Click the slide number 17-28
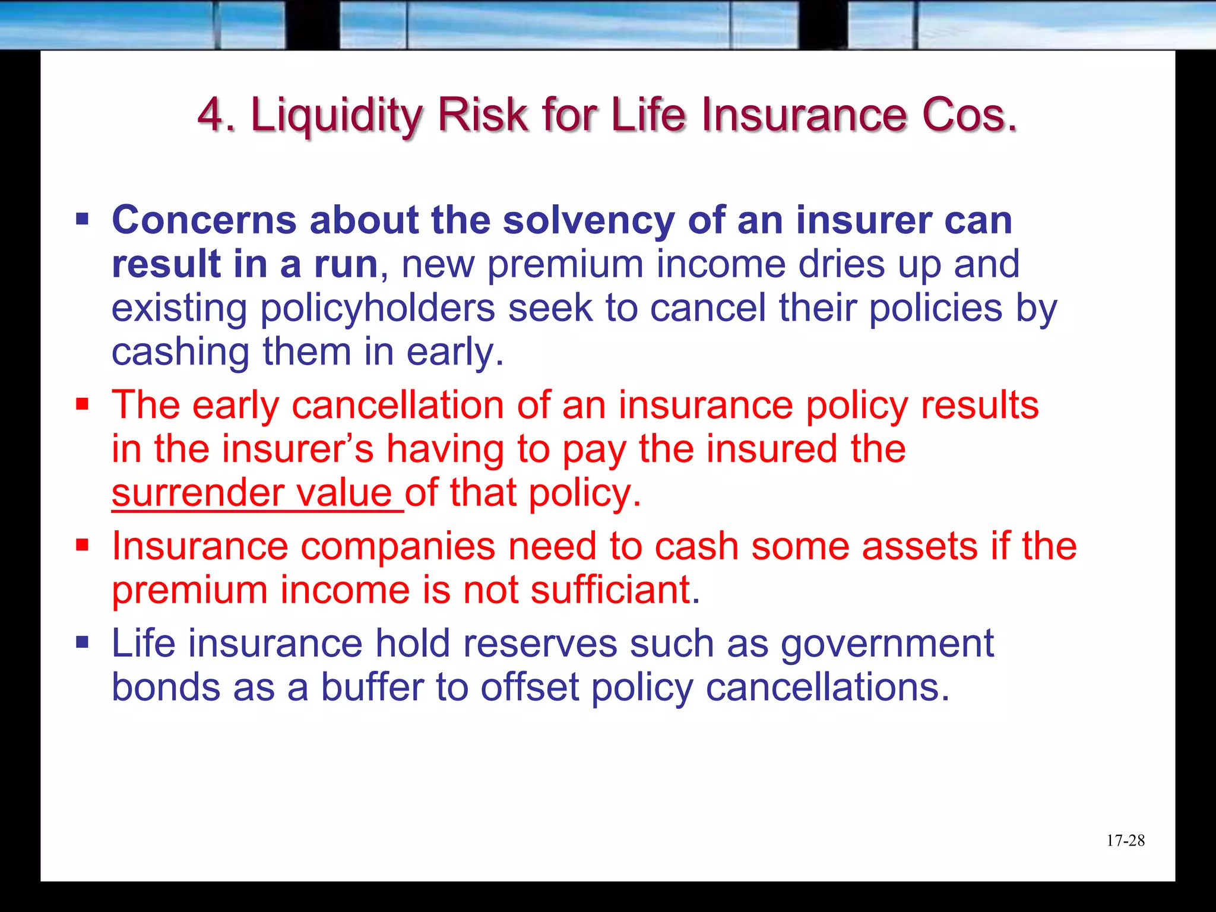click(x=1125, y=840)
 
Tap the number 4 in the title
click(x=211, y=115)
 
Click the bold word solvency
click(x=588, y=220)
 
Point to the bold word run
click(x=346, y=264)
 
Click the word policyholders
click(x=378, y=309)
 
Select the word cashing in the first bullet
click(x=180, y=353)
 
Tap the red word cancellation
click(x=398, y=406)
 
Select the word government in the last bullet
click(x=887, y=644)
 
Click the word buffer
click(x=372, y=688)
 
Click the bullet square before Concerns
click(x=82, y=220)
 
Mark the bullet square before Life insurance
click(x=82, y=642)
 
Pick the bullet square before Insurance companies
click(x=82, y=545)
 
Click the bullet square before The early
click(x=82, y=405)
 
